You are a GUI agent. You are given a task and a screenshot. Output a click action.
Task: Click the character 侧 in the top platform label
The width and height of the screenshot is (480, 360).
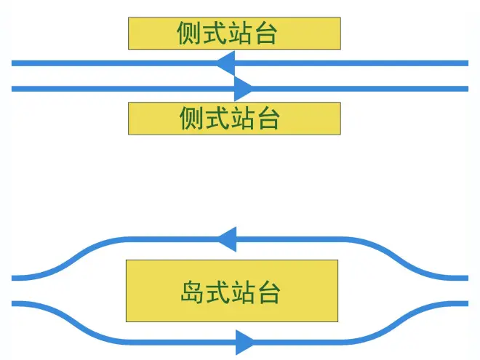[x=189, y=33]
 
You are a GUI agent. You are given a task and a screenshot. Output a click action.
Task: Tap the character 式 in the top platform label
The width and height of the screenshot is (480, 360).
[x=215, y=33]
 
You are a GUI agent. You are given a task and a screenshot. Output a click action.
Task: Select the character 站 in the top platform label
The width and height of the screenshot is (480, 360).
[x=240, y=33]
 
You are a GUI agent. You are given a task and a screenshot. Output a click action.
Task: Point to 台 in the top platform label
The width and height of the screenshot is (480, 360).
[x=265, y=33]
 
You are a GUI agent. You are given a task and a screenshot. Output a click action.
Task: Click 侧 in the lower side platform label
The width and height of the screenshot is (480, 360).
[x=192, y=119]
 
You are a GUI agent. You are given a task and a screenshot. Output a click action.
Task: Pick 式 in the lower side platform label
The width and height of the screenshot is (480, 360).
[x=217, y=119]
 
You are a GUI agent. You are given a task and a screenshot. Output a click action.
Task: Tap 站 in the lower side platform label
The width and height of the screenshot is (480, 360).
[x=243, y=119]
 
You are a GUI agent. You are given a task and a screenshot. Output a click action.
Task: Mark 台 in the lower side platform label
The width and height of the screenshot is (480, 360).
[x=268, y=119]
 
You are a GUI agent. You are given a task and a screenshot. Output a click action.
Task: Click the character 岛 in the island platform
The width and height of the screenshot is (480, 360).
[x=192, y=292]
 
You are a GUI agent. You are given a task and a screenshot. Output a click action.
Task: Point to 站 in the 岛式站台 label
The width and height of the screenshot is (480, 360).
[x=243, y=292]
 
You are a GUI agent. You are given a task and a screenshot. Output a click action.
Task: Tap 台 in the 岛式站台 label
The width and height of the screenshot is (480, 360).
[x=268, y=292]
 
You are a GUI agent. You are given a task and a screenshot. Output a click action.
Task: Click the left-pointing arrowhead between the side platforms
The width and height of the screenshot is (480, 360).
[x=225, y=63]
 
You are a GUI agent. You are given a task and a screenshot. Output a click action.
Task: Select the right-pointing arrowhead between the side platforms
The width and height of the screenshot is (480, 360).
[x=243, y=89]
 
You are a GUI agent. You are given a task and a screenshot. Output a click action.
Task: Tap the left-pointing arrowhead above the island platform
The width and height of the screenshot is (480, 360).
[x=227, y=239]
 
